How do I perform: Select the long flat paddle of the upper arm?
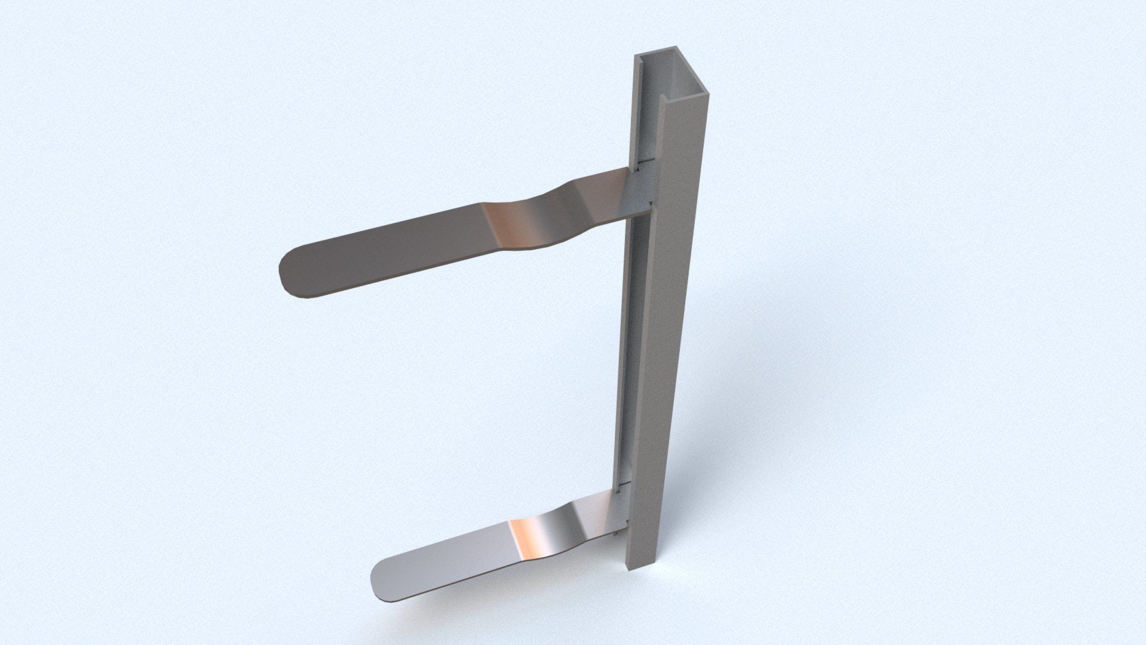pyautogui.click(x=382, y=254)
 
